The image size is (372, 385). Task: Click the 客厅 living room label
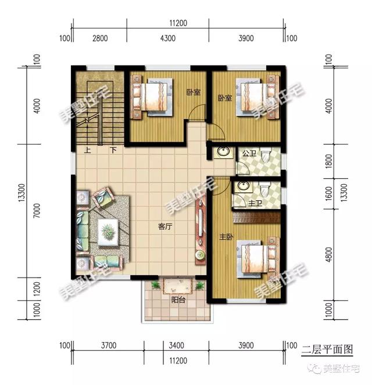[x=165, y=227]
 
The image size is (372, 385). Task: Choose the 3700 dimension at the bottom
[x=109, y=346]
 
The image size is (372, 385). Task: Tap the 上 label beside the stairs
[x=87, y=150]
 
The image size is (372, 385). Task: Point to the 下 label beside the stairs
[x=113, y=150]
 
